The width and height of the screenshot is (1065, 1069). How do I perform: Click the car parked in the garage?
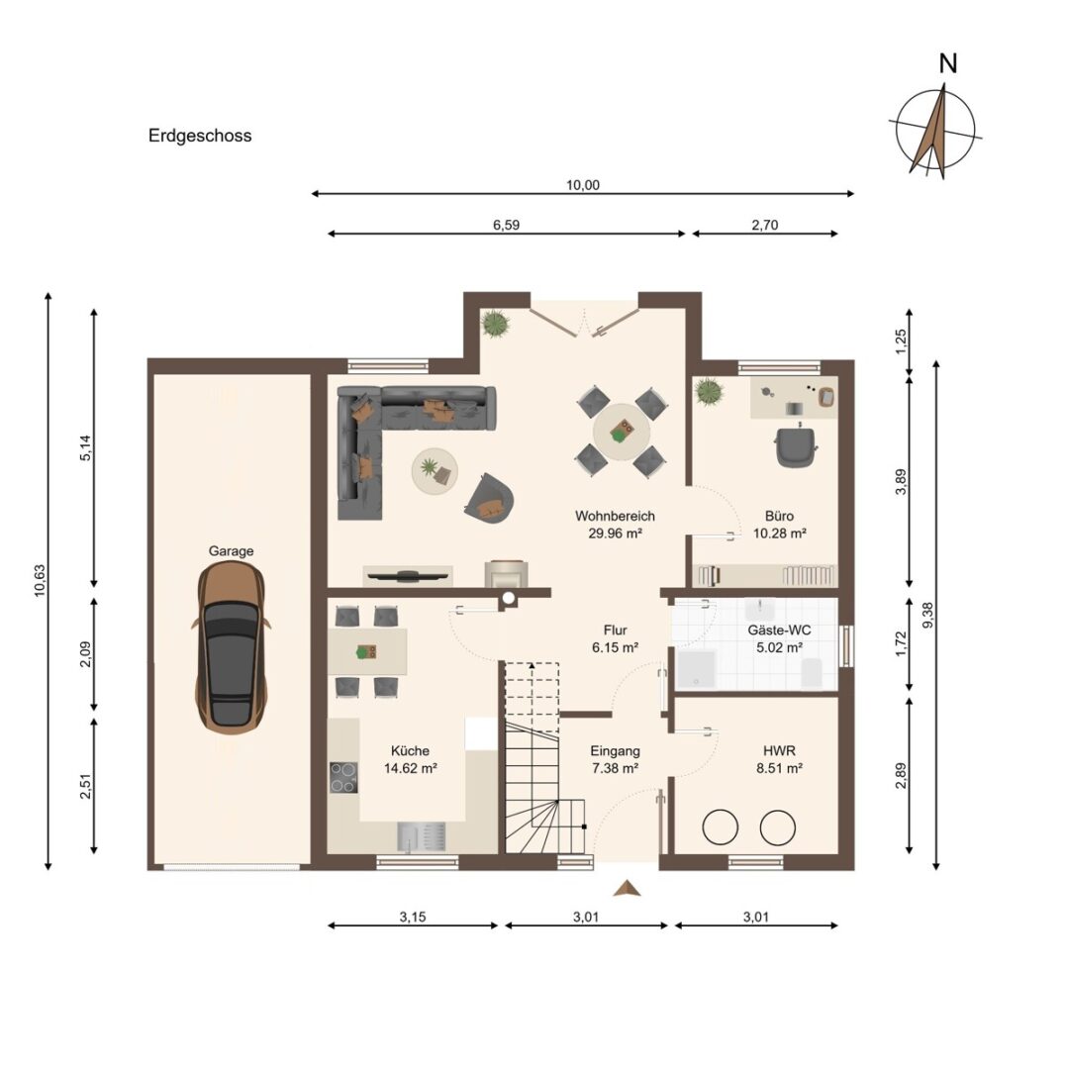pyautogui.click(x=232, y=648)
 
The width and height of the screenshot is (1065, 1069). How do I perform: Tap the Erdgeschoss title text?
pyautogui.click(x=200, y=136)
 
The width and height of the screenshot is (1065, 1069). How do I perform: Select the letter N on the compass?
pyautogui.click(x=948, y=63)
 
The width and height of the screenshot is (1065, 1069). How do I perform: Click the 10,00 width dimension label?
pyautogui.click(x=583, y=185)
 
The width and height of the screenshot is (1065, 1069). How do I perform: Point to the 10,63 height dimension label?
pyautogui.click(x=40, y=581)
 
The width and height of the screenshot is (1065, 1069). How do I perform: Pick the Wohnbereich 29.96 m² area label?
pyautogui.click(x=615, y=525)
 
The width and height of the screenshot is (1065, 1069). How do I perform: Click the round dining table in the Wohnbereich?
pyautogui.click(x=622, y=431)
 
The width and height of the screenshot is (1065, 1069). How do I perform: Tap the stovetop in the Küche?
pyautogui.click(x=343, y=777)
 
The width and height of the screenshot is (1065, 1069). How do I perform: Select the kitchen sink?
pyautogui.click(x=422, y=836)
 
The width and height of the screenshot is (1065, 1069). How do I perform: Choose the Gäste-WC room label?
pyautogui.click(x=779, y=631)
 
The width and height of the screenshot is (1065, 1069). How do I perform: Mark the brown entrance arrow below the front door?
pyautogui.click(x=628, y=888)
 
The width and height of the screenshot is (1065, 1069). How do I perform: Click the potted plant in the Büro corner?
pyautogui.click(x=709, y=392)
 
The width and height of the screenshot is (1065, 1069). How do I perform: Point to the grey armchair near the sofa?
pyautogui.click(x=489, y=498)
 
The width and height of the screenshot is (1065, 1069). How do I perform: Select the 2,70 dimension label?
pyautogui.click(x=765, y=225)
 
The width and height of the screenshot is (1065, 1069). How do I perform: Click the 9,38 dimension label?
pyautogui.click(x=927, y=616)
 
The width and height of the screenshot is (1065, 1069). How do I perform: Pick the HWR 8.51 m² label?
pyautogui.click(x=779, y=759)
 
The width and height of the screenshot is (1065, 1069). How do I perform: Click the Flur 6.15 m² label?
pyautogui.click(x=615, y=638)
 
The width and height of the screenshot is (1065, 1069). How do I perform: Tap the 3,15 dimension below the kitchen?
pyautogui.click(x=413, y=917)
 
